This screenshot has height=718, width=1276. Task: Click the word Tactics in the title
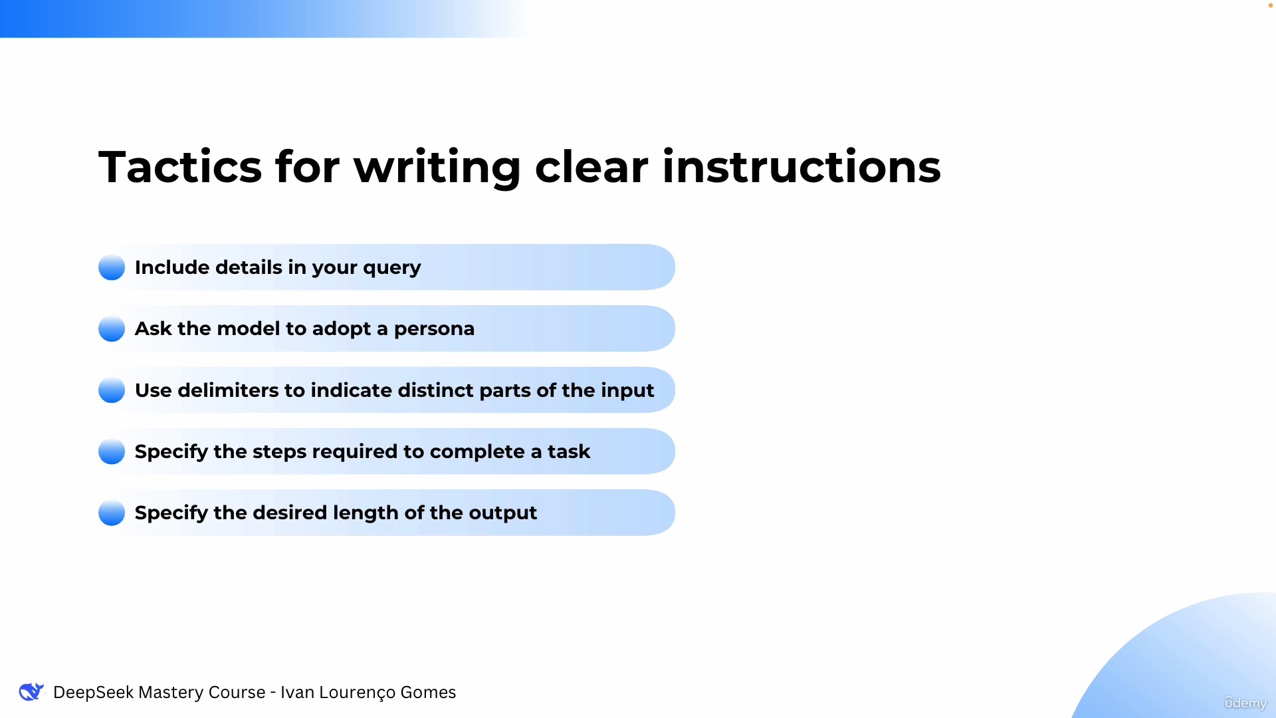pyautogui.click(x=180, y=166)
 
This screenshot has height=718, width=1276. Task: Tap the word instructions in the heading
pyautogui.click(x=801, y=166)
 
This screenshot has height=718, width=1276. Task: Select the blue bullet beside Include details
pyautogui.click(x=112, y=267)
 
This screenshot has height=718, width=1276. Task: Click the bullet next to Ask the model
pyautogui.click(x=112, y=328)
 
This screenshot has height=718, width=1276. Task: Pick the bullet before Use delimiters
pyautogui.click(x=112, y=390)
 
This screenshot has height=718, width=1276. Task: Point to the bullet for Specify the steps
pyautogui.click(x=112, y=451)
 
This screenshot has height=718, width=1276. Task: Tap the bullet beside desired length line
pyautogui.click(x=112, y=513)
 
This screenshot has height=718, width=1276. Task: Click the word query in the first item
pyautogui.click(x=392, y=269)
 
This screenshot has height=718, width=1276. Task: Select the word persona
pyautogui.click(x=434, y=330)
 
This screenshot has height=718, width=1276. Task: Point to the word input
pyautogui.click(x=627, y=391)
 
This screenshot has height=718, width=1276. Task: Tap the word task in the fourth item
pyautogui.click(x=569, y=451)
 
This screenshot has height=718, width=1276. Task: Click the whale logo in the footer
pyautogui.click(x=31, y=692)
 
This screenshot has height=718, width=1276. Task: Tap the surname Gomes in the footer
pyautogui.click(x=428, y=693)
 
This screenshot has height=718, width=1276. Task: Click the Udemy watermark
pyautogui.click(x=1245, y=703)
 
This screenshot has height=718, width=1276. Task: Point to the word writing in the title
pyautogui.click(x=437, y=168)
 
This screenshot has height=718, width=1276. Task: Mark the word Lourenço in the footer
pyautogui.click(x=357, y=693)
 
